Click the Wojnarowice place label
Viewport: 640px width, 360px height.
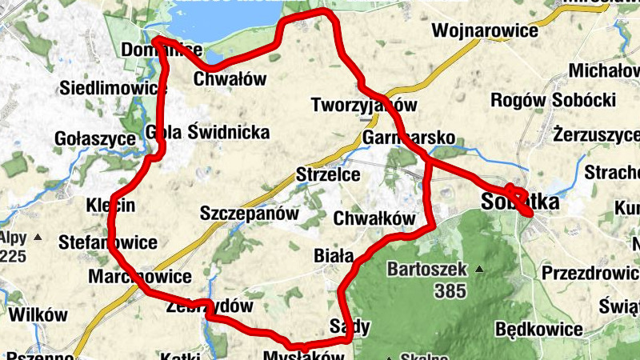(x=484, y=31)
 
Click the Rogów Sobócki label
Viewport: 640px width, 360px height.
(x=553, y=100)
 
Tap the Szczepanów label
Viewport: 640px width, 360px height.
(x=249, y=214)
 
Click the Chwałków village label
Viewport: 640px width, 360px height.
(x=375, y=218)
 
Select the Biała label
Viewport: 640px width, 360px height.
(x=334, y=256)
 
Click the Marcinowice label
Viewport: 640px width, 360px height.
(x=141, y=277)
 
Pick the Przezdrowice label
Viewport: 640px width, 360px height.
(x=590, y=272)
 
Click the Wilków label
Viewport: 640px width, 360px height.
(x=38, y=314)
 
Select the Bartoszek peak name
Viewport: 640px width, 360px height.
(x=428, y=269)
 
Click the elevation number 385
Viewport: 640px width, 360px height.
(x=450, y=291)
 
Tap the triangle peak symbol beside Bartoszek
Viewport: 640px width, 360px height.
(x=480, y=269)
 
